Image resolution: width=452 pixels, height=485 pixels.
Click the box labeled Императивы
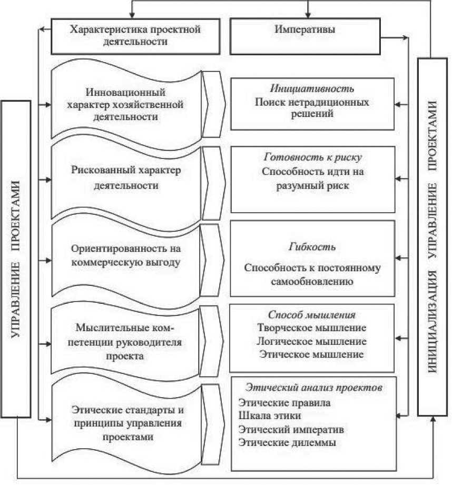(x=305, y=36)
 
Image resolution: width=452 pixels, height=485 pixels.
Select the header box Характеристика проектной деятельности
(x=135, y=36)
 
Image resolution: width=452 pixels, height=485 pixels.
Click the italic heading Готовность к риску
(x=312, y=158)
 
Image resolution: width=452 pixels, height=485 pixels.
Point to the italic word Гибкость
(x=312, y=247)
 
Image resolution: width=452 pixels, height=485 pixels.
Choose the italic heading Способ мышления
(x=312, y=315)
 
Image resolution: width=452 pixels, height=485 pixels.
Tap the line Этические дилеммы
(x=287, y=442)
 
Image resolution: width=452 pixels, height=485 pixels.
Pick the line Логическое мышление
(x=312, y=341)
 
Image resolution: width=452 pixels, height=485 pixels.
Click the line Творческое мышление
(x=312, y=328)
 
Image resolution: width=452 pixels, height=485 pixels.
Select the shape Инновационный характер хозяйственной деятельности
(x=125, y=104)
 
